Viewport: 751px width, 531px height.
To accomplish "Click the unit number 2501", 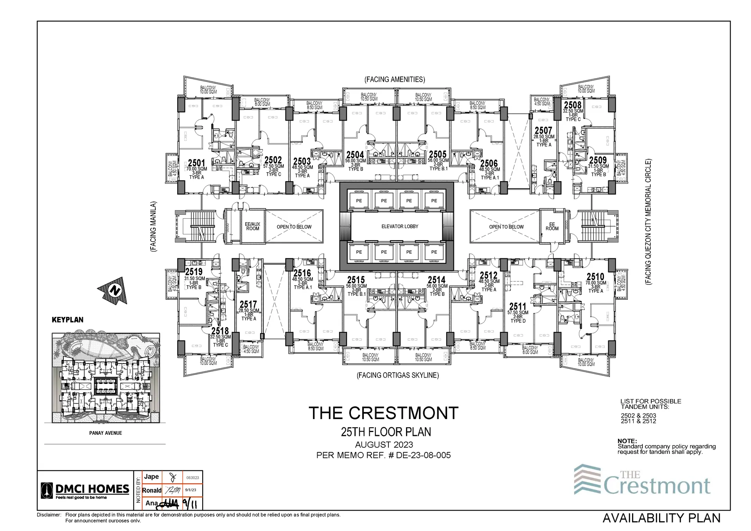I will tap(196, 163).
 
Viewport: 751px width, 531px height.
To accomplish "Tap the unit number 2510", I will tap(595, 277).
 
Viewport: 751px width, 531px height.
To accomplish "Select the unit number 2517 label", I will tap(248, 304).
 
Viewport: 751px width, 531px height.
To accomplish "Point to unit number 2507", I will tap(543, 130).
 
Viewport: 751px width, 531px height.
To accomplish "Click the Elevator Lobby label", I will tap(400, 227).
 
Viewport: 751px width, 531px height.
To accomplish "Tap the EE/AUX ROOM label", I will tap(252, 227).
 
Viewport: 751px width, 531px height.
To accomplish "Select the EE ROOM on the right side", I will tap(552, 227).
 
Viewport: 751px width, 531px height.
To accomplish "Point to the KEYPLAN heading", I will tap(68, 320).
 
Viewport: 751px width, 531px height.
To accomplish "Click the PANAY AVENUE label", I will tap(106, 433).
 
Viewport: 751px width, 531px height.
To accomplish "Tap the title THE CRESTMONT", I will tap(383, 413).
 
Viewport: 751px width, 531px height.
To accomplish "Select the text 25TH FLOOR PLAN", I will tap(386, 432).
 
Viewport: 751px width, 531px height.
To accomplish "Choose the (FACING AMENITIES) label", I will tap(395, 79).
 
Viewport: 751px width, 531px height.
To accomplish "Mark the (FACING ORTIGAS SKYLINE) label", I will tap(397, 375).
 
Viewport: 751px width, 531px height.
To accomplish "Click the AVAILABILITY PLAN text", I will tap(661, 518).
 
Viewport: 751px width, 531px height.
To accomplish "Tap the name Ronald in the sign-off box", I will tap(152, 490).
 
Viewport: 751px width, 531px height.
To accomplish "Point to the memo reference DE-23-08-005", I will tap(423, 455).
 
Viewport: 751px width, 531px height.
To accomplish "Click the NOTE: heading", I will tap(627, 441).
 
